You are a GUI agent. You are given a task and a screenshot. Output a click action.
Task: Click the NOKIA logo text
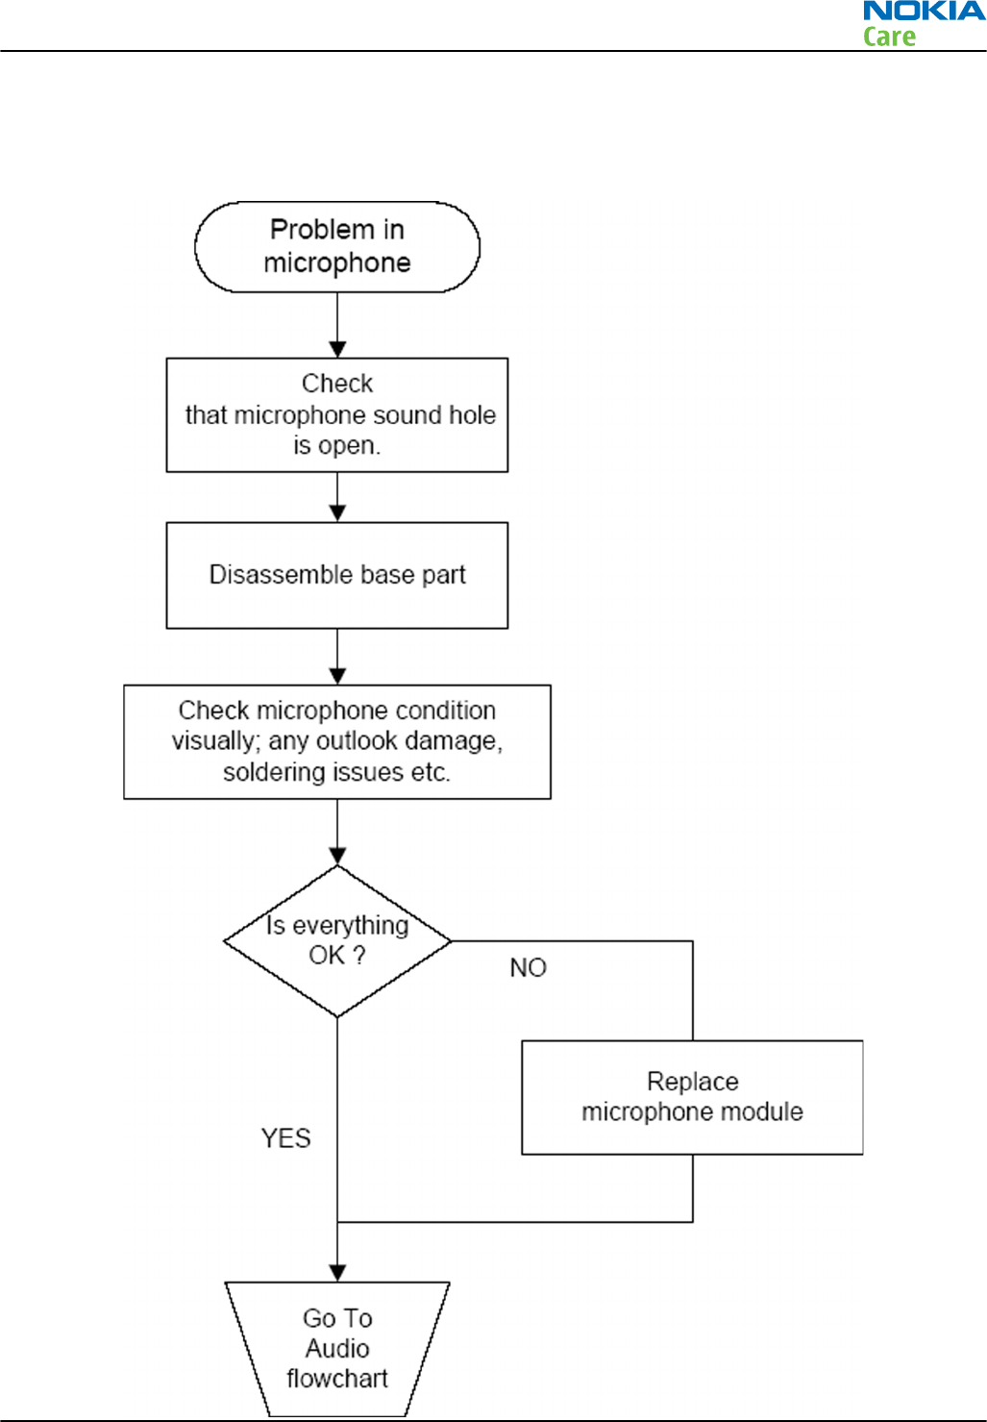click(x=925, y=11)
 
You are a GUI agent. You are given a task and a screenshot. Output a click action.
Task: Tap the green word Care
click(x=889, y=37)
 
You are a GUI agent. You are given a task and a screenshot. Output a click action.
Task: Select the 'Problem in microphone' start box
click(x=337, y=247)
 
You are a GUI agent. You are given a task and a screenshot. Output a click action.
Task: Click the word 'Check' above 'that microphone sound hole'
click(x=337, y=384)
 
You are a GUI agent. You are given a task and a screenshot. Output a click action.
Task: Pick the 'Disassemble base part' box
click(x=337, y=575)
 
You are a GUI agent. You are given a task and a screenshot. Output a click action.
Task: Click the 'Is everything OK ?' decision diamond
click(x=337, y=941)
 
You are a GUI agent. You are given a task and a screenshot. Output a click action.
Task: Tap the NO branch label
click(x=528, y=967)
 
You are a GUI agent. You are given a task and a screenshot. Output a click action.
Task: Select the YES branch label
click(x=285, y=1138)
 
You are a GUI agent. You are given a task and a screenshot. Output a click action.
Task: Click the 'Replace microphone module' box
click(x=692, y=1097)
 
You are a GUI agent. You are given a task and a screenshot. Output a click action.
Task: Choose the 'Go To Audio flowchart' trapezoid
click(x=337, y=1349)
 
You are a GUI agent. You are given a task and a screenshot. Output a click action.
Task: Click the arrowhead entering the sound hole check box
click(x=337, y=350)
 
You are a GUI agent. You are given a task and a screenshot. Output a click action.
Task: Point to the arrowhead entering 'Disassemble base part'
click(x=337, y=513)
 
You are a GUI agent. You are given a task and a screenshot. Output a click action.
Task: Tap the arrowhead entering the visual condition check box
click(x=337, y=676)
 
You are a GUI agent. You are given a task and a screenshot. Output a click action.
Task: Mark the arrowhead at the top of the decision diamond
click(x=337, y=857)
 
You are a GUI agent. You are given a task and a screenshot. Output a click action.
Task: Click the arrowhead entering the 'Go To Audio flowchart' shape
click(x=337, y=1273)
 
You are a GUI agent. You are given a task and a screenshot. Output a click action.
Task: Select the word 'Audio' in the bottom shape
click(x=337, y=1348)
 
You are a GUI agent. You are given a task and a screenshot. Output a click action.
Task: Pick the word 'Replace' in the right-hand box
click(x=693, y=1082)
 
